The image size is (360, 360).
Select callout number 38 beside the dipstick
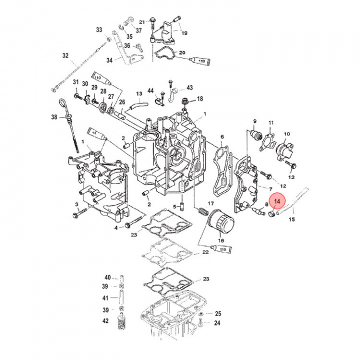click(54, 116)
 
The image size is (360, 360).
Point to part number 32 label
click(65, 55)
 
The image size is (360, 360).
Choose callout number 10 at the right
click(287, 134)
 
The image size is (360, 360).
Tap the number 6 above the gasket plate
click(222, 136)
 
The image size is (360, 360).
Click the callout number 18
click(200, 99)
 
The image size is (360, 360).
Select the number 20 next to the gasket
click(182, 53)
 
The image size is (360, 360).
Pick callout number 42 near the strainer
click(105, 320)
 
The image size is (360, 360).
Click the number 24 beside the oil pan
click(217, 323)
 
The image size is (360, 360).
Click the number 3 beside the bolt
click(77, 205)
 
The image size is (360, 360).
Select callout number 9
click(254, 121)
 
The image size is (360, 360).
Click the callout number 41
click(105, 298)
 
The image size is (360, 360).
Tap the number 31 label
click(76, 82)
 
